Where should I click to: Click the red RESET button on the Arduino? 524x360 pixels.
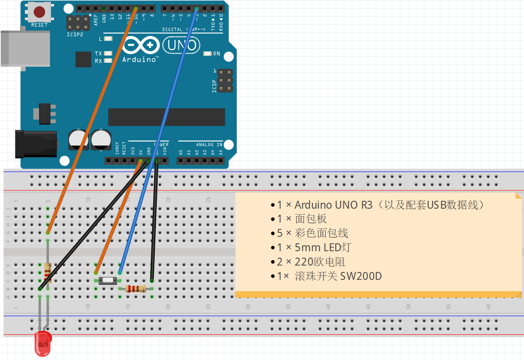pyautogui.click(x=39, y=12)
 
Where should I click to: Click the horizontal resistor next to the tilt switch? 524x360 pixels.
pyautogui.click(x=135, y=289)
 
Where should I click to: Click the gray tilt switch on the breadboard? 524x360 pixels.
pyautogui.click(x=107, y=281)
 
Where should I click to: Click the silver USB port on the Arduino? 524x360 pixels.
pyautogui.click(x=25, y=48)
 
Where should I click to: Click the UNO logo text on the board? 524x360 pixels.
pyautogui.click(x=181, y=45)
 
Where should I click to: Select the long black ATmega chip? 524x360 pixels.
pyautogui.click(x=167, y=117)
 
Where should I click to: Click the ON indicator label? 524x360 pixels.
pyautogui.click(x=216, y=53)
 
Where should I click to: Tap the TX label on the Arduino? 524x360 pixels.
pyautogui.click(x=98, y=53)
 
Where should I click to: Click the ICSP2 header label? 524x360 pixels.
pyautogui.click(x=75, y=35)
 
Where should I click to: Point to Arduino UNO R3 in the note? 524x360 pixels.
pyautogui.click(x=334, y=205)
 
